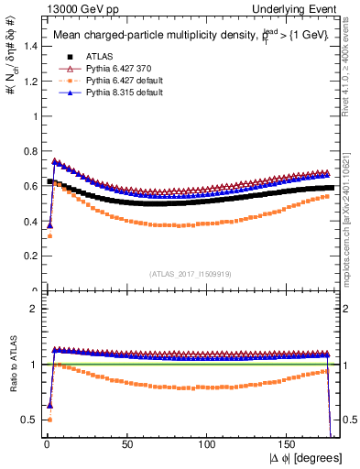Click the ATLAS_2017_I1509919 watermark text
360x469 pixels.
point(188,273)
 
